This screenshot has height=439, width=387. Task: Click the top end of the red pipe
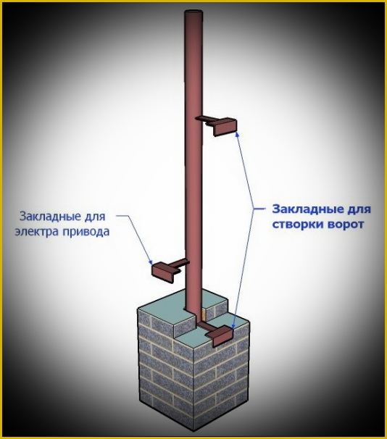[x=193, y=12]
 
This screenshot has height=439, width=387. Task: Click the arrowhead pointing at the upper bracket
[x=238, y=135]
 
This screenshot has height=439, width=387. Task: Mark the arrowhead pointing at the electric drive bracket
[x=150, y=262]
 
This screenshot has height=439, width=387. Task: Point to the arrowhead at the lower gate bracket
[x=233, y=325]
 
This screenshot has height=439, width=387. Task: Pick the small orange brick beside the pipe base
[x=204, y=314]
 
